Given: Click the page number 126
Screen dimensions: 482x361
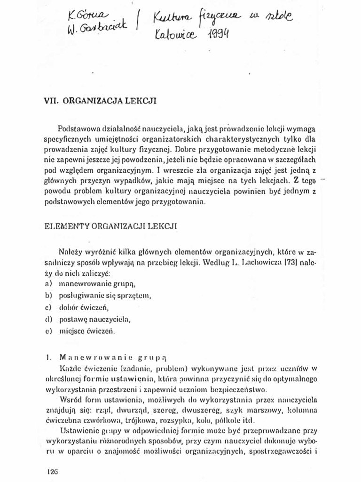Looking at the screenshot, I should (52, 471).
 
